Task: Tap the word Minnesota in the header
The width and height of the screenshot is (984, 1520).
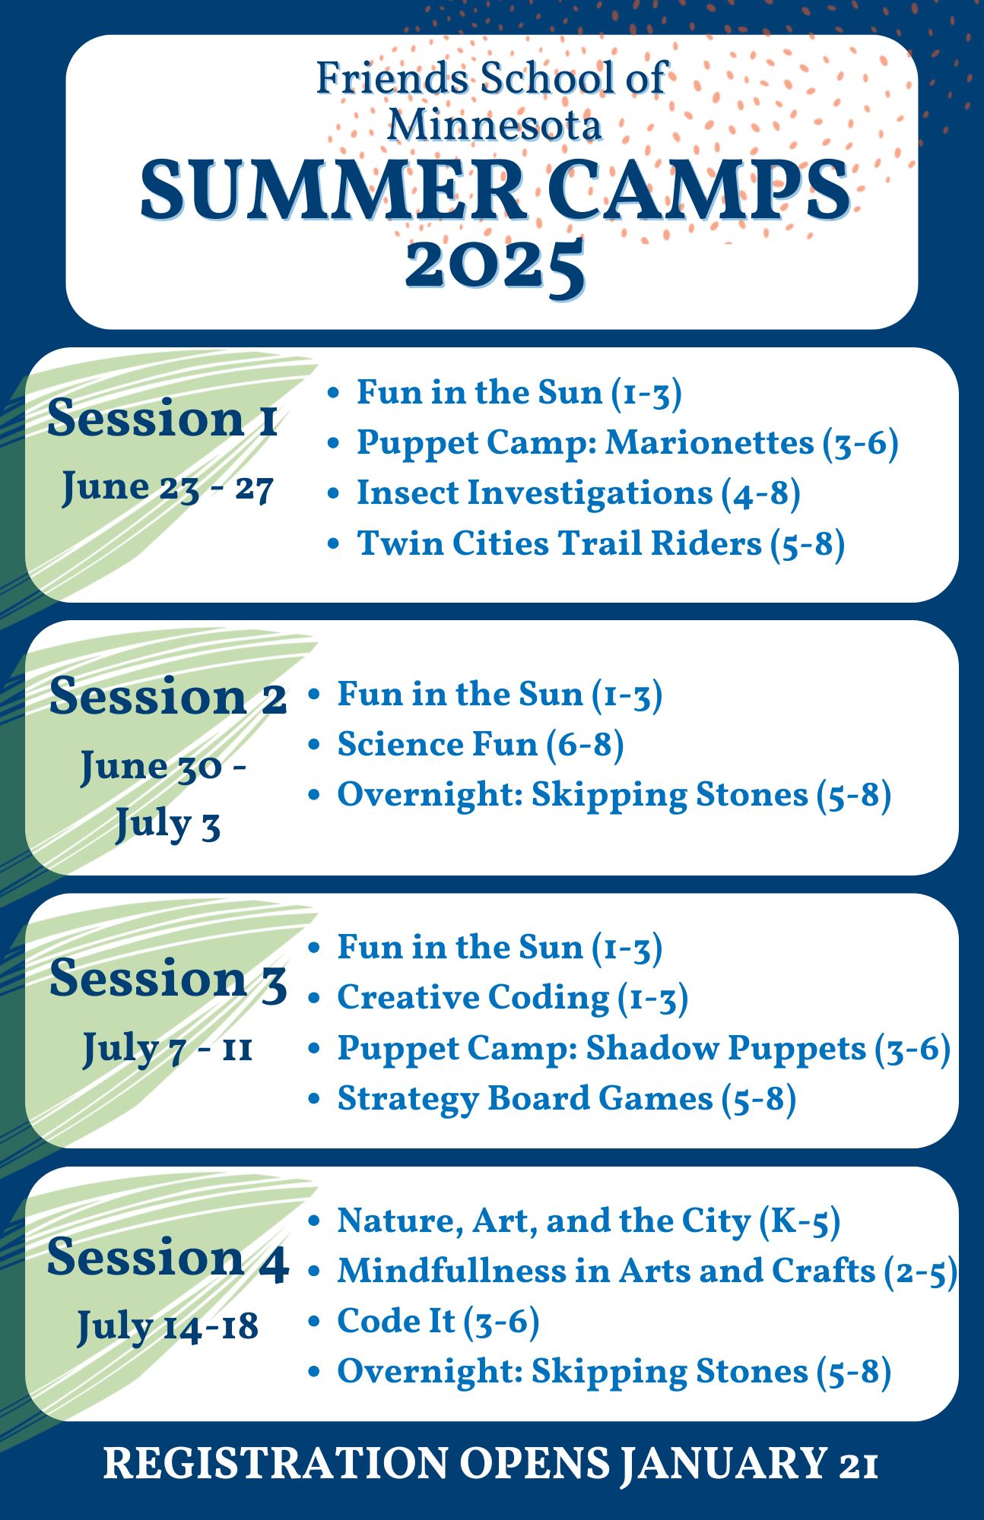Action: (x=494, y=125)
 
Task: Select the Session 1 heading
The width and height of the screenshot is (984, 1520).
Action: (x=162, y=418)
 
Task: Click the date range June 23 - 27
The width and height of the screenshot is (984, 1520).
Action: (x=167, y=486)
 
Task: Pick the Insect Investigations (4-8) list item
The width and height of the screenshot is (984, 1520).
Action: (x=578, y=493)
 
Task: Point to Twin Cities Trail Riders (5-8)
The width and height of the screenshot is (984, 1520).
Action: (x=601, y=543)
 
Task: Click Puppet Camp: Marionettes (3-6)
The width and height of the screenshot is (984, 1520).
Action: (x=627, y=443)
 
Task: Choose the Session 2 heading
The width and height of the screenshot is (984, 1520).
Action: (x=167, y=696)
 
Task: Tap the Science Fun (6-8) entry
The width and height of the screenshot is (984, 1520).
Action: (x=481, y=744)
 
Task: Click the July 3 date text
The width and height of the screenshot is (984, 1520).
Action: (x=167, y=825)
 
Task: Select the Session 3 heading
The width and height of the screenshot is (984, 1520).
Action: (x=167, y=978)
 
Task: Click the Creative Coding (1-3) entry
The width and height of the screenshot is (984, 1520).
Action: (x=513, y=998)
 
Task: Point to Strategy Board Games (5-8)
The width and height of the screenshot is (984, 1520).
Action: (x=567, y=1099)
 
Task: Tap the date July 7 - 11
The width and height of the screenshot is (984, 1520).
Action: (x=167, y=1049)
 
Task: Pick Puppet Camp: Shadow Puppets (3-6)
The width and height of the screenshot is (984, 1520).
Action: (x=643, y=1049)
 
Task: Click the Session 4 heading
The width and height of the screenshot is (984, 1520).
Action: (x=167, y=1258)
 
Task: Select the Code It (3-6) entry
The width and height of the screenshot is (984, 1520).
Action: (x=438, y=1322)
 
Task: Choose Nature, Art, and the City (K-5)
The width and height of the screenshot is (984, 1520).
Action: (x=589, y=1221)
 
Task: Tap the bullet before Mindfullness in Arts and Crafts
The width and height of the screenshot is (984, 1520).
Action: (x=314, y=1271)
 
